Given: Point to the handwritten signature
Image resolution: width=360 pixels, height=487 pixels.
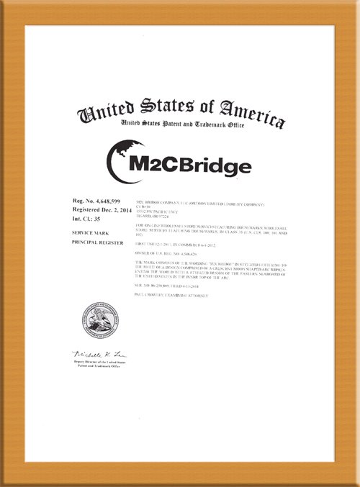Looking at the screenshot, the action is point(99,355).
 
